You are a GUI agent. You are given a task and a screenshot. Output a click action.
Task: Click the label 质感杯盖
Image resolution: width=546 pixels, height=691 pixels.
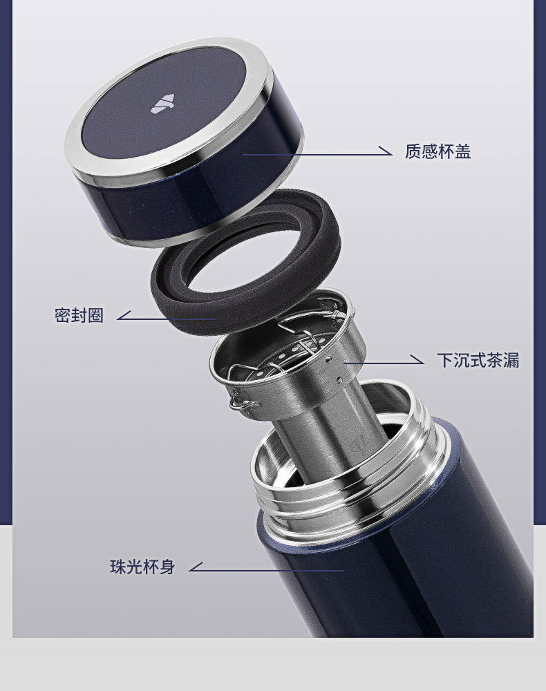pyautogui.click(x=437, y=151)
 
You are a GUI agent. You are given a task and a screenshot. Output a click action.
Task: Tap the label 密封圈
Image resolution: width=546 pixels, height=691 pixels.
pyautogui.click(x=79, y=315)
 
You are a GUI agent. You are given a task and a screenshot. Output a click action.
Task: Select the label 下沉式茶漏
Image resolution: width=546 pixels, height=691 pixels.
pyautogui.click(x=478, y=359)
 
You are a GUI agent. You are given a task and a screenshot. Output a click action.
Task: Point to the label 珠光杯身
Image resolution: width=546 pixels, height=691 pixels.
pyautogui.click(x=143, y=567)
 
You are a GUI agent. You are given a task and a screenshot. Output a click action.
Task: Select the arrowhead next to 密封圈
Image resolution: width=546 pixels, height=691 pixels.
pyautogui.click(x=124, y=315)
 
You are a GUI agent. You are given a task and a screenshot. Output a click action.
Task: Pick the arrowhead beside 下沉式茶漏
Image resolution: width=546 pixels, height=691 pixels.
pyautogui.click(x=417, y=359)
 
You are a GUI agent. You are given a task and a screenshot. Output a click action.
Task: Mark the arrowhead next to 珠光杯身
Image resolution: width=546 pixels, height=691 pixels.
pyautogui.click(x=196, y=567)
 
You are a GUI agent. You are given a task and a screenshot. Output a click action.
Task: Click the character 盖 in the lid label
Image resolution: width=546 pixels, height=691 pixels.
pyautogui.click(x=462, y=151)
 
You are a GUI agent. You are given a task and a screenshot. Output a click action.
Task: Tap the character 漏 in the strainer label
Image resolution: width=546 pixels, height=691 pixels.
pyautogui.click(x=511, y=359)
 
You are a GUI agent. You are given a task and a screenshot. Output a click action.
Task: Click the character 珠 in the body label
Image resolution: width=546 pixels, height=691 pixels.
pyautogui.click(x=118, y=567)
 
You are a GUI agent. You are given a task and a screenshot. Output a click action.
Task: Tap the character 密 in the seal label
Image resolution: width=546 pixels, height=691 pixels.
pyautogui.click(x=63, y=315)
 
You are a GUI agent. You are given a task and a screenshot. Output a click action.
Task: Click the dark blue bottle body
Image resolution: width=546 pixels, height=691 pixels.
pyautogui.click(x=397, y=573)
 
